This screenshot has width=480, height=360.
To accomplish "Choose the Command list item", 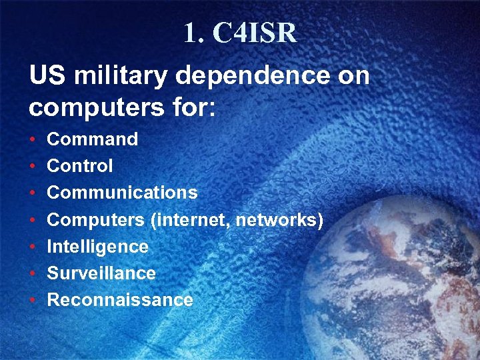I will point(92,139).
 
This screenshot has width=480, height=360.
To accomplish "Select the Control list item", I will point(80,166).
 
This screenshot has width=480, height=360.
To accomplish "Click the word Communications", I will point(122,193).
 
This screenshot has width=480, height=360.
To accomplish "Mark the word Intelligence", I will point(97,247).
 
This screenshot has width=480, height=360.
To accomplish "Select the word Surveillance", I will point(101,273).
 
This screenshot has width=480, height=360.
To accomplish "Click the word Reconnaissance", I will point(120,300).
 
